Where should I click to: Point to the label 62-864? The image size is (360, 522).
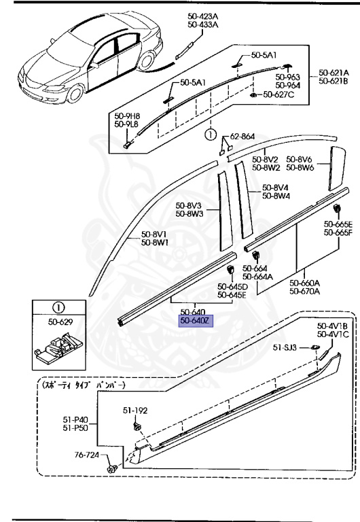242,137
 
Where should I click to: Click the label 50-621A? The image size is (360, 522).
334,73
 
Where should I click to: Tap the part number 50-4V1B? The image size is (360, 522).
333,326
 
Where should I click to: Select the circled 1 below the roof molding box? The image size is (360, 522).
211,134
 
